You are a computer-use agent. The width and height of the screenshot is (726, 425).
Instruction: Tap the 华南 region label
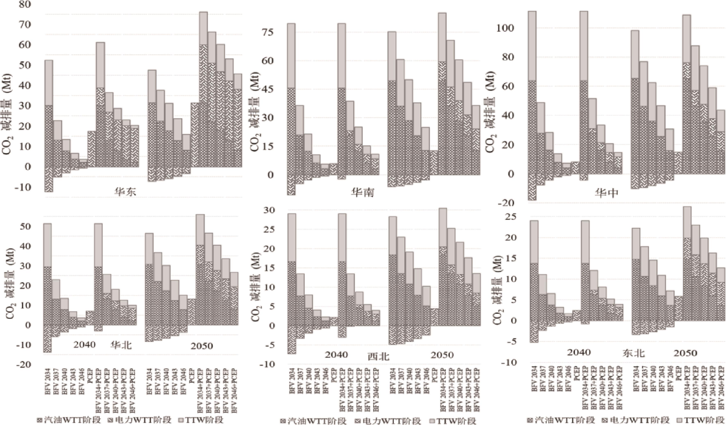pyautogui.click(x=362, y=192)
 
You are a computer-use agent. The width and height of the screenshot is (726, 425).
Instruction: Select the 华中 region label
pyautogui.click(x=607, y=193)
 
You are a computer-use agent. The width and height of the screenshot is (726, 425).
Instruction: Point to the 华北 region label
pyautogui.click(x=121, y=345)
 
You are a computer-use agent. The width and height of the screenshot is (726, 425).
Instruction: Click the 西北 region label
pyautogui.click(x=378, y=357)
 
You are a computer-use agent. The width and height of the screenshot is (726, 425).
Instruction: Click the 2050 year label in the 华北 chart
pyautogui.click(x=201, y=345)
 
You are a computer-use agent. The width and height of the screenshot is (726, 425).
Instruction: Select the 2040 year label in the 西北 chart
pyautogui.click(x=336, y=355)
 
